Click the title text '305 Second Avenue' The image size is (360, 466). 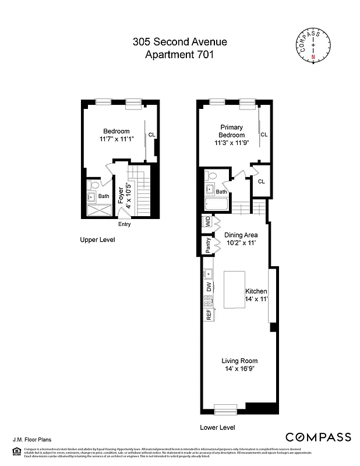coord(179,42)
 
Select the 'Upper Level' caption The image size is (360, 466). coord(97,239)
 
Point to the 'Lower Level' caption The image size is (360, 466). coord(217,427)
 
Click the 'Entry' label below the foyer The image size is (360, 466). coord(124,224)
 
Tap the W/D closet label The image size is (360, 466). coord(207,222)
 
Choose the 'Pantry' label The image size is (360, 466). coord(207,246)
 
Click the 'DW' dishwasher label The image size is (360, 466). coord(209,287)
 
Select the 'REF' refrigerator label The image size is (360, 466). coord(209,315)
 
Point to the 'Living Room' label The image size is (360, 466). coord(235,361)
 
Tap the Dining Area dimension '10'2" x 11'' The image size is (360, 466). coord(241,243)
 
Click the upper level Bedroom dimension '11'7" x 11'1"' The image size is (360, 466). coord(117,139)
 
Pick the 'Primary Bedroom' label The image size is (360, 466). coord(231,131)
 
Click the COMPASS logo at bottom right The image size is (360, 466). coord(318,437)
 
